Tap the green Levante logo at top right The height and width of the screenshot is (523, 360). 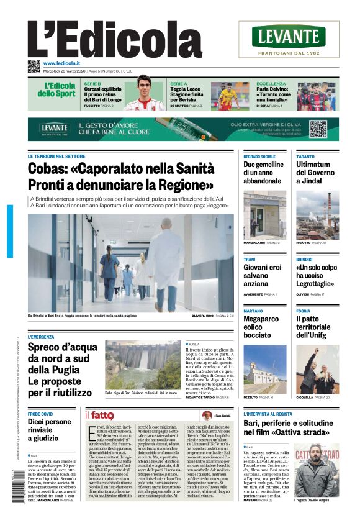point(289,37)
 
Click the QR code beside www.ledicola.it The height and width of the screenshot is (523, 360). point(34,65)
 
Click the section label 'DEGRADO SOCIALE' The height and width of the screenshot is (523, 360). point(259,157)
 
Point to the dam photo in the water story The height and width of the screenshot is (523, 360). point(142,364)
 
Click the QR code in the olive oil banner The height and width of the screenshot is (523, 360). point(318,129)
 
